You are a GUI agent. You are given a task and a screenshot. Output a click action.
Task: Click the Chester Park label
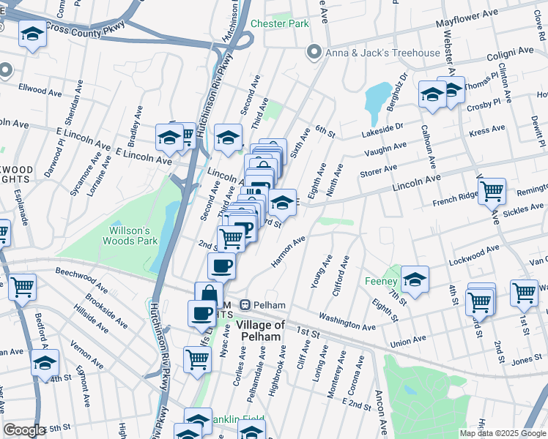coord(280,23)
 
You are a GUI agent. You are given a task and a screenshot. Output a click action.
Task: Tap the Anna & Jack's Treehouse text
coord(383,53)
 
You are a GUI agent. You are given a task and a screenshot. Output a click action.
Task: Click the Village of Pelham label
coord(259,330)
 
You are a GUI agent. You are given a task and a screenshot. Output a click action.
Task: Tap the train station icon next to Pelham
coord(246,304)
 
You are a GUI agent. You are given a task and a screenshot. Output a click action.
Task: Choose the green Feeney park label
coord(382,282)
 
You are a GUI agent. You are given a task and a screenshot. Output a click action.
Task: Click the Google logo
coord(24,429)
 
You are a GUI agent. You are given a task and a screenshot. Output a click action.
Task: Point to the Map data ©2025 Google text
coord(502,433)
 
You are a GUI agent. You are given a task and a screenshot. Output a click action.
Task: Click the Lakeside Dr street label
coord(383,131)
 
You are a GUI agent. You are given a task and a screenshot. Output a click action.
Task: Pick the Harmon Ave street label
coord(288,251)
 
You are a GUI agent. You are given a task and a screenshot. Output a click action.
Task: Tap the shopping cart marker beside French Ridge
coord(492,192)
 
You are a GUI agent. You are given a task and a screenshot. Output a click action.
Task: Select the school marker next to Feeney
coord(415,279)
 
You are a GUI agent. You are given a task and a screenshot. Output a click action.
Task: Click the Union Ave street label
coord(409,339)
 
